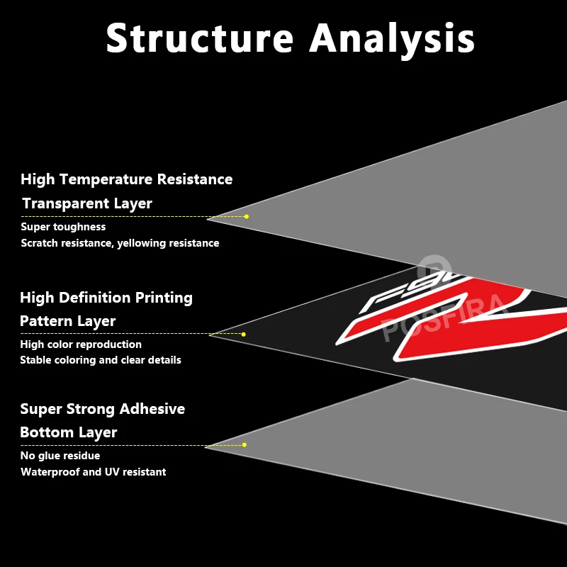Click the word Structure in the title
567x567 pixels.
pyautogui.click(x=200, y=38)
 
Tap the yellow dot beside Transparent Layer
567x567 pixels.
pyautogui.click(x=246, y=217)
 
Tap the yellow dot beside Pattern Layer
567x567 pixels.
pyautogui.click(x=243, y=334)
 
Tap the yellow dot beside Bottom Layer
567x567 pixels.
pyautogui.click(x=244, y=445)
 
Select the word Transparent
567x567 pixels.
pyautogui.click(x=66, y=203)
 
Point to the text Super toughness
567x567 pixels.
pyautogui.click(x=63, y=227)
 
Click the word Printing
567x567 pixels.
pyautogui.click(x=164, y=298)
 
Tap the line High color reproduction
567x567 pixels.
pyautogui.click(x=81, y=344)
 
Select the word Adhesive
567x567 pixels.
pyautogui.click(x=152, y=409)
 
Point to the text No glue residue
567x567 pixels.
pyautogui.click(x=60, y=456)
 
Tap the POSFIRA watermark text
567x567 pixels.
pyautogui.click(x=446, y=317)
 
